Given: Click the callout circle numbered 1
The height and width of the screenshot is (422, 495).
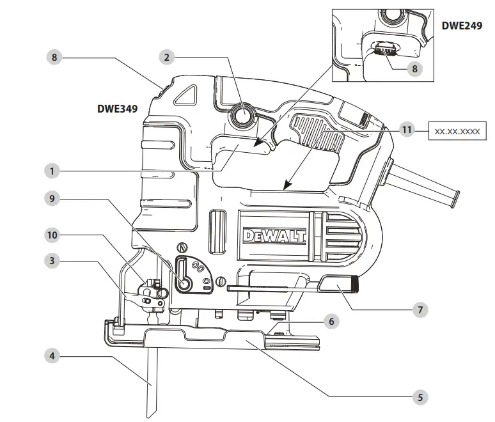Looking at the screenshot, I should pyautogui.click(x=54, y=171).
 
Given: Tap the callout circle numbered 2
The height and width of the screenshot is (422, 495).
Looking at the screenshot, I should pyautogui.click(x=167, y=57).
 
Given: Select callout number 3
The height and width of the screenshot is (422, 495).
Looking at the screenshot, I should pyautogui.click(x=54, y=260).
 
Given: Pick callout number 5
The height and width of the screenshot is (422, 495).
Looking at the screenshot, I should pyautogui.click(x=420, y=397).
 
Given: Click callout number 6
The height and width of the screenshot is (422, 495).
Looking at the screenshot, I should pyautogui.click(x=330, y=321).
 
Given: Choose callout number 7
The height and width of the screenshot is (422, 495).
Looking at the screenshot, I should pyautogui.click(x=420, y=309).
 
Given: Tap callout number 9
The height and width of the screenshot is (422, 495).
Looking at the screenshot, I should pyautogui.click(x=54, y=199).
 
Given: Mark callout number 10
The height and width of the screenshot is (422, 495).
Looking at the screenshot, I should pyautogui.click(x=54, y=235).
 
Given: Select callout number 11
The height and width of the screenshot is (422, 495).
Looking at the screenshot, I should pyautogui.click(x=407, y=130).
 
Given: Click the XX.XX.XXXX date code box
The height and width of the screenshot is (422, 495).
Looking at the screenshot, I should pyautogui.click(x=457, y=130).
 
